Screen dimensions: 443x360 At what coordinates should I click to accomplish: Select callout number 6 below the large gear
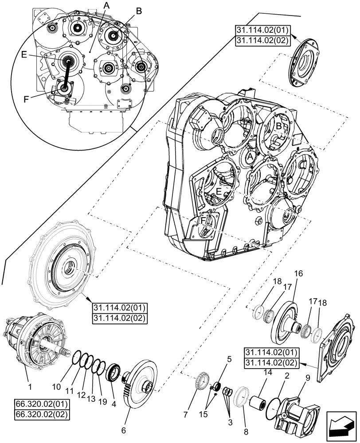tap(124, 430)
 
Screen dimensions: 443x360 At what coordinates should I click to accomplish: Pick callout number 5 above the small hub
tap(229, 359)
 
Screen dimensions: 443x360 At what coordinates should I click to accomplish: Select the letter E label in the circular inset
tap(24, 54)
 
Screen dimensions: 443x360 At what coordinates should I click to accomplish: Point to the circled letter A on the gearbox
tap(250, 157)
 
